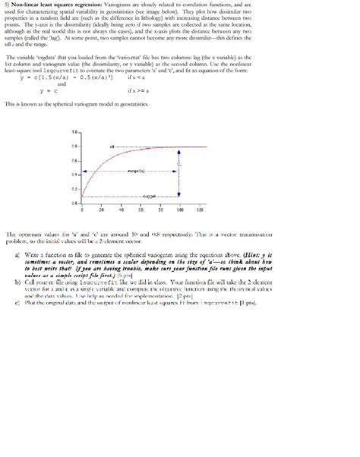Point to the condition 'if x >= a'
(x=136, y=91)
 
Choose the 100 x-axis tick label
(x=181, y=210)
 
